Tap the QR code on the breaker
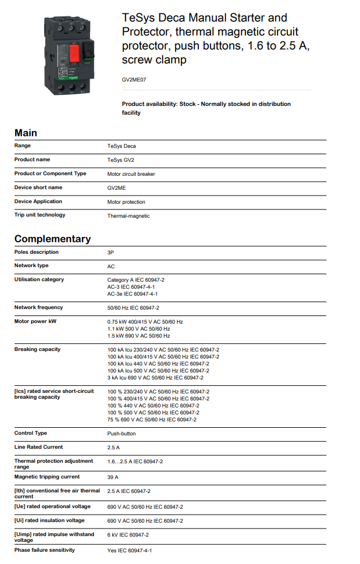[x=62, y=73]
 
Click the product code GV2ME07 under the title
[x=134, y=79]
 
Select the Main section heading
[x=26, y=133]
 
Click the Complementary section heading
[x=52, y=239]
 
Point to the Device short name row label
[x=38, y=187]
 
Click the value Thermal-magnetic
[x=128, y=216]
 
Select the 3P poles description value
[x=111, y=253]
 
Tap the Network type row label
[x=31, y=265]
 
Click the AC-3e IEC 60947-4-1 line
[x=133, y=294]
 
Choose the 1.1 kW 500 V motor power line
[x=138, y=329]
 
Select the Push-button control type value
[x=122, y=434]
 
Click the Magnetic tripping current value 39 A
[x=113, y=477]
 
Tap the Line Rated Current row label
[x=38, y=447]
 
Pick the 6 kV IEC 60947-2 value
[x=128, y=535]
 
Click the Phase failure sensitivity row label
[x=44, y=550]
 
